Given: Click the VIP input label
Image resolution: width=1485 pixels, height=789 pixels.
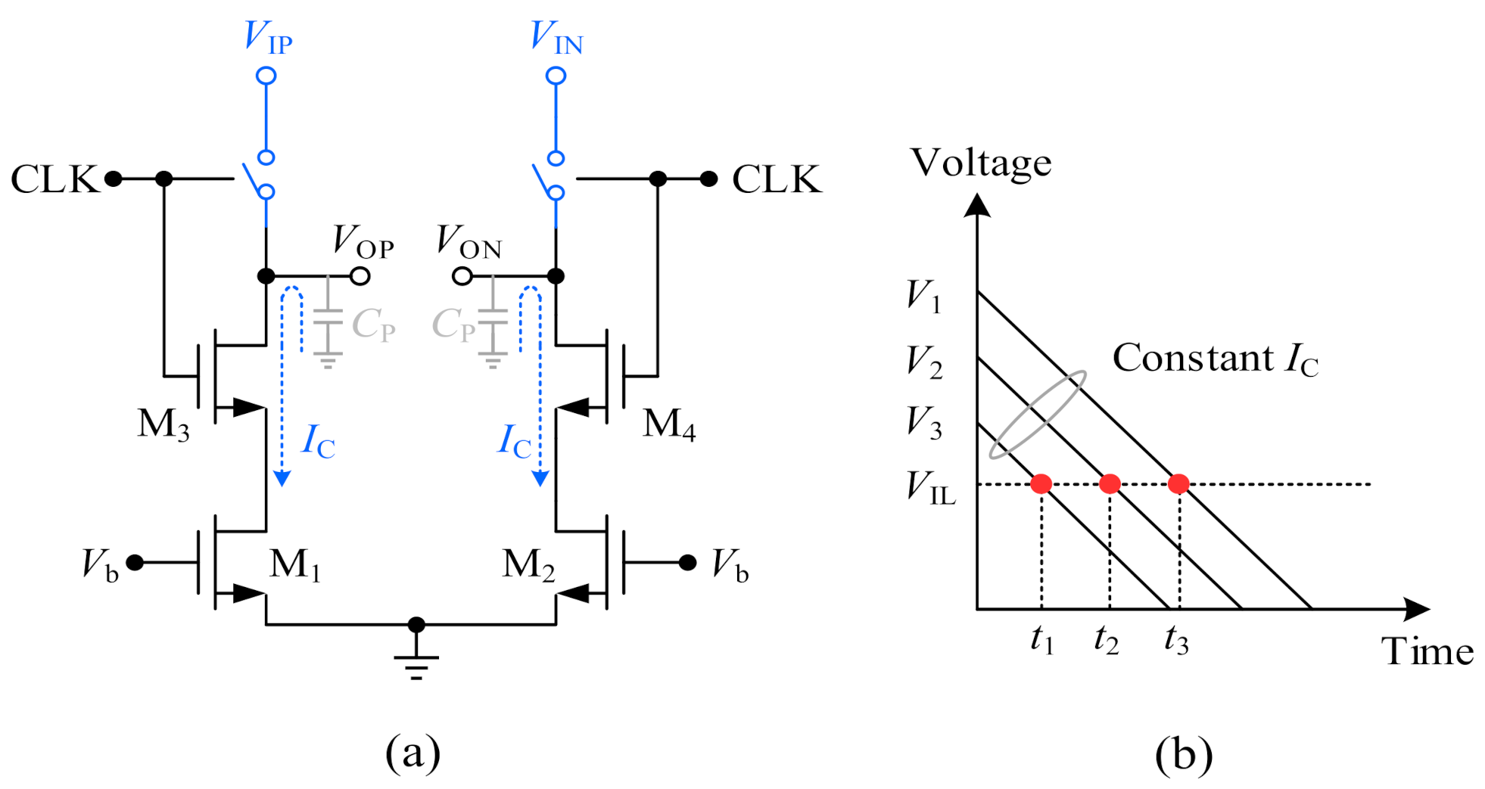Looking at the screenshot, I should [x=267, y=37].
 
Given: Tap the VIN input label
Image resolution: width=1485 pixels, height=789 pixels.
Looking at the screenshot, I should [x=556, y=37].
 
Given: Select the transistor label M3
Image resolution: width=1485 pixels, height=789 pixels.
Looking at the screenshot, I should [x=163, y=424].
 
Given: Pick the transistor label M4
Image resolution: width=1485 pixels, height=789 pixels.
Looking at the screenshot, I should [x=668, y=424].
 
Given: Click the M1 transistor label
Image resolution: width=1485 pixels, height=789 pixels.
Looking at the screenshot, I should [x=295, y=564].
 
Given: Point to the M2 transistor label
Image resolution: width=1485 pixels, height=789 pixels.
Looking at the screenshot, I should [x=528, y=564].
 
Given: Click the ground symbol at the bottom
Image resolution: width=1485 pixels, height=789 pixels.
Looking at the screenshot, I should [x=416, y=663].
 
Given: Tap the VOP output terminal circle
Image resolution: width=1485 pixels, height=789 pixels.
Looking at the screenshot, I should [x=361, y=276].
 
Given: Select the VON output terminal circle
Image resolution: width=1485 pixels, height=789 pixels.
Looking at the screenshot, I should [x=462, y=276].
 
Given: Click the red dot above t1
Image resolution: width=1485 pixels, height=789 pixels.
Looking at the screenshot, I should [x=1041, y=484].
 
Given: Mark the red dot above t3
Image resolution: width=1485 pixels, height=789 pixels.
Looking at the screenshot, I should [x=1178, y=484].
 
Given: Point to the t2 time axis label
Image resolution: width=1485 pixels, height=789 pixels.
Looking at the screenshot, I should [x=1106, y=640].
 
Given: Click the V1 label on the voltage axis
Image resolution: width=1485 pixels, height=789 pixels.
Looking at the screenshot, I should [x=924, y=295].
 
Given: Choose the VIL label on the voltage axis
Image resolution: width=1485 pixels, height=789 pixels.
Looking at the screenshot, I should [x=931, y=487].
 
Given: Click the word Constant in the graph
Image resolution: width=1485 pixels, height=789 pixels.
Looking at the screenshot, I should [x=1193, y=358].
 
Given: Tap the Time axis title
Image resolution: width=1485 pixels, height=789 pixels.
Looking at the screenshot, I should [x=1427, y=651].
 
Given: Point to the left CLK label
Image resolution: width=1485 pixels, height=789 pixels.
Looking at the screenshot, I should [x=54, y=180].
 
